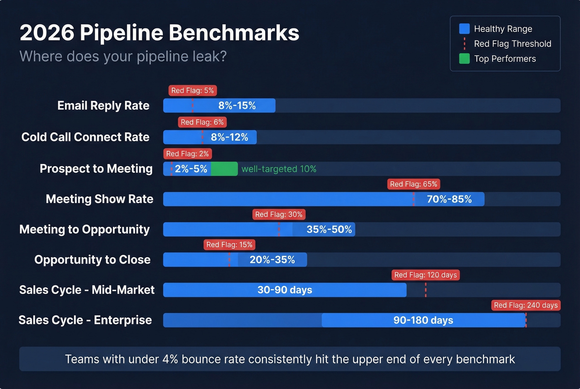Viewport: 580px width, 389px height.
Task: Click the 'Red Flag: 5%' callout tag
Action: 193,90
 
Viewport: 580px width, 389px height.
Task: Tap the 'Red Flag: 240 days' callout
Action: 526,305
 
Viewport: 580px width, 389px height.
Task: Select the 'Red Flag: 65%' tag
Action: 413,184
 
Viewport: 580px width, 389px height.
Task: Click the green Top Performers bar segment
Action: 224,169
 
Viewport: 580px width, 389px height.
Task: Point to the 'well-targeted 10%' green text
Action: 279,169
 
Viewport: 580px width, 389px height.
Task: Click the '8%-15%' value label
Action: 237,106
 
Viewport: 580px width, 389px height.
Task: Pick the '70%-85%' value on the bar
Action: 449,199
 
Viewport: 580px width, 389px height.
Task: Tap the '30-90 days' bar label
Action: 285,290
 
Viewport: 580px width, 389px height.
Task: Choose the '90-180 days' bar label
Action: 423,320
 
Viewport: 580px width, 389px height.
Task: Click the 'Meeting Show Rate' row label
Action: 99,199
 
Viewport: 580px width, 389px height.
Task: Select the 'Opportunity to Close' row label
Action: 92,260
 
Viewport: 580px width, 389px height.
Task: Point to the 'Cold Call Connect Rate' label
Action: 85,137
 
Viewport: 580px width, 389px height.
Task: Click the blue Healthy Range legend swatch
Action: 464,29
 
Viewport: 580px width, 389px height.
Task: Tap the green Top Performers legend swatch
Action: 464,59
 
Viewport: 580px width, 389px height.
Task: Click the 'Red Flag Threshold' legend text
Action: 512,44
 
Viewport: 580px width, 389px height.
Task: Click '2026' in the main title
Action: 47,33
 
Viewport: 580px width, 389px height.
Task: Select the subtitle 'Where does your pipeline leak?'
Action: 123,56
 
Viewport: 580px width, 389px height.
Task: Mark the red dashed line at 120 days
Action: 425,290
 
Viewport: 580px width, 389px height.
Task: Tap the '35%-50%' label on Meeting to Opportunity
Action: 329,230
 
